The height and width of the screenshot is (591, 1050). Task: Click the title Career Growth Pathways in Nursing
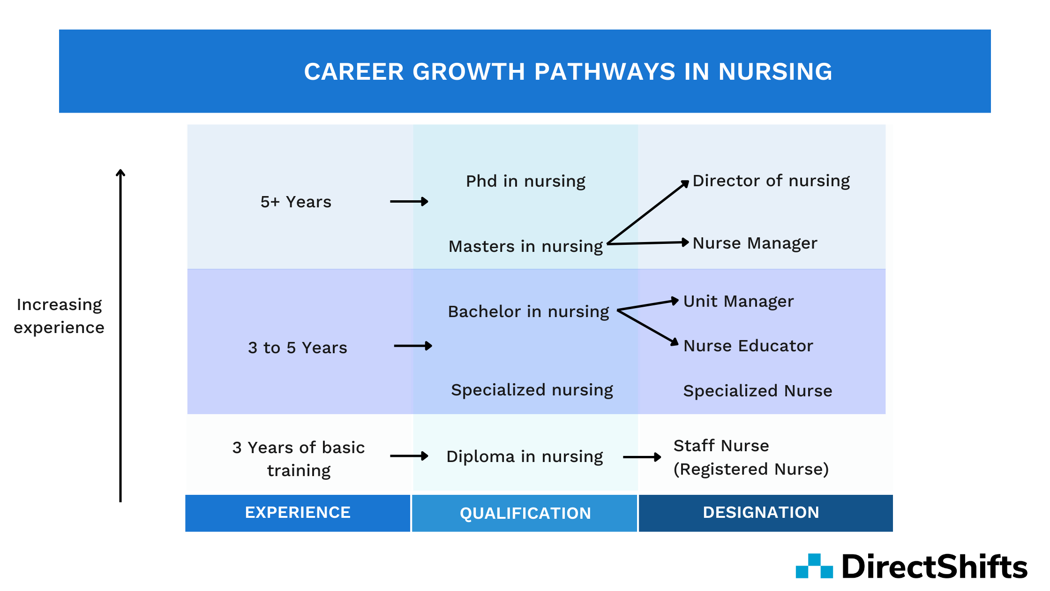pos(568,72)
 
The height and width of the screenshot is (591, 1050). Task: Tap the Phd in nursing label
pos(525,182)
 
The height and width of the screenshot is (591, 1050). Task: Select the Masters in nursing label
pos(525,247)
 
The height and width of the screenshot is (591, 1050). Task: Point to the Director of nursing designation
pos(771,181)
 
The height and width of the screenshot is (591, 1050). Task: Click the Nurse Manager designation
pos(755,243)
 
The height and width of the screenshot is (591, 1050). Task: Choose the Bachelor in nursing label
pos(528,312)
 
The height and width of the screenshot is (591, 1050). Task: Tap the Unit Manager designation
pos(738,302)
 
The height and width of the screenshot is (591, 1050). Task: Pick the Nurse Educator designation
pos(748,346)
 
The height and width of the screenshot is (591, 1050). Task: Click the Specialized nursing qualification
pos(532,390)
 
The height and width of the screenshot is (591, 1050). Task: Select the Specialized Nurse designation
pos(757,391)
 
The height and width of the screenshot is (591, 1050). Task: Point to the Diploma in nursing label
pos(525,457)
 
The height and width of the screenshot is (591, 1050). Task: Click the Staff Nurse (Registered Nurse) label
pos(751,457)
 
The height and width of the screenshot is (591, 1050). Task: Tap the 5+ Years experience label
pos(296,202)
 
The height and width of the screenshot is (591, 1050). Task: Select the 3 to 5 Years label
pos(298,348)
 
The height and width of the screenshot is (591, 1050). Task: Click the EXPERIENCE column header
pos(298,513)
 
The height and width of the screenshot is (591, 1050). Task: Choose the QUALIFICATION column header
pos(525,513)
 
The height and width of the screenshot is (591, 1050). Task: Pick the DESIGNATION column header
pos(765,513)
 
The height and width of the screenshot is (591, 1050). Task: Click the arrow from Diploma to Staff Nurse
pos(642,457)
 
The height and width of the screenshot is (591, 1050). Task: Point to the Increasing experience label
pos(59,316)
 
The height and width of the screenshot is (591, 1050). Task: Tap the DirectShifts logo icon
pos(814,566)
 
